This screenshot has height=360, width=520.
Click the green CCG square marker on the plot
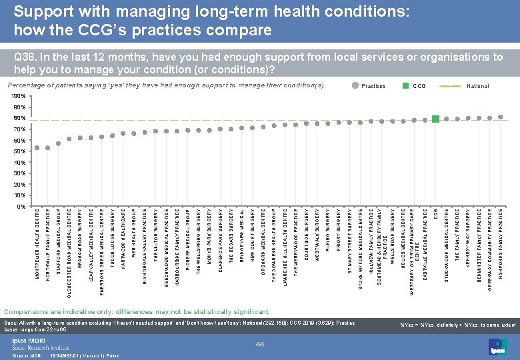click(435, 119)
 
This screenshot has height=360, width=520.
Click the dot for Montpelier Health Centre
click(37, 147)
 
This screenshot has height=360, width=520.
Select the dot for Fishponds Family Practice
click(501, 117)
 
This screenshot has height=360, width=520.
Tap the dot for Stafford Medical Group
click(59, 143)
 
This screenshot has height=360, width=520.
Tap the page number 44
click(259, 343)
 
